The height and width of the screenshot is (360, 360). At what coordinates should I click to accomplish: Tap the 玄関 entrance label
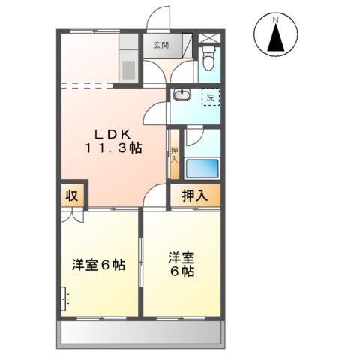point(160,45)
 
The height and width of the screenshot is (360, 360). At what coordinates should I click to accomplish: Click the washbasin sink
point(181,96)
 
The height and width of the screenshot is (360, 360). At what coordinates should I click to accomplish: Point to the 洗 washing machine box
point(211,97)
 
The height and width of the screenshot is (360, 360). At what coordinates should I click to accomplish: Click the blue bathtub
point(202,169)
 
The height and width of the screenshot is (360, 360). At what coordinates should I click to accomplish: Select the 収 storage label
point(71,196)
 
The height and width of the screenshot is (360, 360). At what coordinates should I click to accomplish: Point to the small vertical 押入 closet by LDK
point(174,155)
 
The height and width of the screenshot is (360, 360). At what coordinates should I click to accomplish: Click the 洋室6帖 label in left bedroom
point(97,265)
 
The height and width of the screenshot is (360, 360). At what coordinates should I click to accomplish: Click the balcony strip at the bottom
point(141,333)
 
